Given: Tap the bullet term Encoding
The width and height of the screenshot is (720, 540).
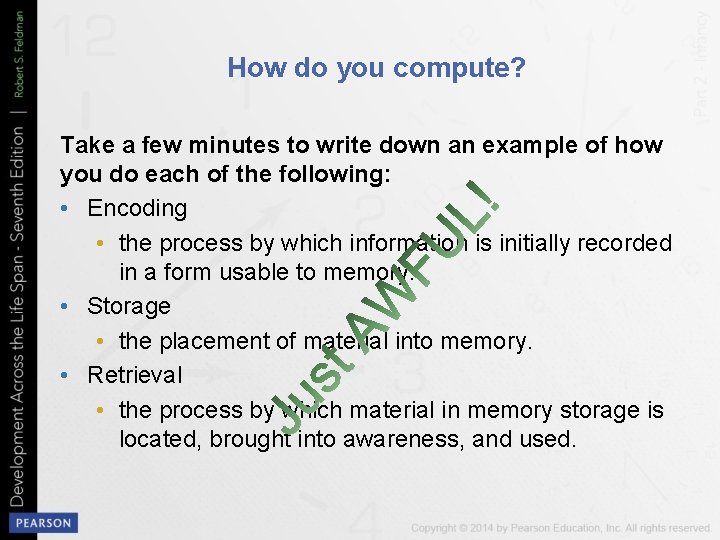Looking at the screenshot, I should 137,208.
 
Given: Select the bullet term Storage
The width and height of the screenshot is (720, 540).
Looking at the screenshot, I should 129,305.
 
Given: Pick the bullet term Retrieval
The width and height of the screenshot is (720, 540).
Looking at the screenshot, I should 135,375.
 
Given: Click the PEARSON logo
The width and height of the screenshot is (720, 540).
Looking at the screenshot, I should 42,523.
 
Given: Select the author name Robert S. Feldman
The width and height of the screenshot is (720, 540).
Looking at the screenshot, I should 19,60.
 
